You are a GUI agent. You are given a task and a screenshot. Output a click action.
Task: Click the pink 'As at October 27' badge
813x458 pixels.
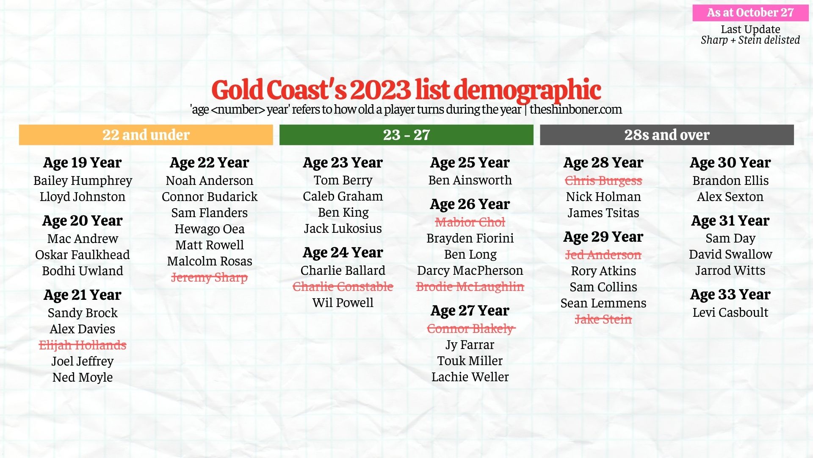click(x=750, y=13)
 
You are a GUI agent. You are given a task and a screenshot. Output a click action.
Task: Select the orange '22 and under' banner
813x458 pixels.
click(x=146, y=135)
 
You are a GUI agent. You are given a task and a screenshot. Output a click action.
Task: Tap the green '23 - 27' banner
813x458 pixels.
click(x=406, y=135)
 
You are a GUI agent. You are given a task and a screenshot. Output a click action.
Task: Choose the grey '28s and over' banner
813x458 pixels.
click(x=666, y=135)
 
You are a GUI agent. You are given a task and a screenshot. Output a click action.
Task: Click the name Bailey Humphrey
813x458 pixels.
click(x=83, y=181)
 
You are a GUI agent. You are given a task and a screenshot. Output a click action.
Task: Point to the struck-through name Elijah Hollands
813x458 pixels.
click(x=83, y=345)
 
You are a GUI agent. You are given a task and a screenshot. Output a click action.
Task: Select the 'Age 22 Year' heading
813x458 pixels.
click(x=209, y=162)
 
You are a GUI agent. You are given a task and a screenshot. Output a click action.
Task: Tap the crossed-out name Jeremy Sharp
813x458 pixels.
click(x=209, y=277)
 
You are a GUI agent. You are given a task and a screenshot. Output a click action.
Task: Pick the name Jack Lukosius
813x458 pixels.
click(x=343, y=229)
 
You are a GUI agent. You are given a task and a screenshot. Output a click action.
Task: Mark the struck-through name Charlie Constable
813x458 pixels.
click(x=343, y=287)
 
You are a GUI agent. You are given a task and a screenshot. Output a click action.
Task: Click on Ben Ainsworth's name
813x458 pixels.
click(x=470, y=180)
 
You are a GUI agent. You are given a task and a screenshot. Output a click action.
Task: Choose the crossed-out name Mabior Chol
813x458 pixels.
click(x=470, y=222)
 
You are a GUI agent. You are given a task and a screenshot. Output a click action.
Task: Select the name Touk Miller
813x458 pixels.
click(x=470, y=361)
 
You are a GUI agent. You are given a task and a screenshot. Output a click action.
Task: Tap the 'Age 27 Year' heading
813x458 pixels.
click(x=470, y=310)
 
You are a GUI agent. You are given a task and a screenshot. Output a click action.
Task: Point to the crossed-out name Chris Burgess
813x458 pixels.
click(x=603, y=181)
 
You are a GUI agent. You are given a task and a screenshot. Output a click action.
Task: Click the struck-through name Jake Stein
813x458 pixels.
click(x=603, y=319)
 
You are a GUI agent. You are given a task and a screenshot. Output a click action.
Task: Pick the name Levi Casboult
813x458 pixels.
click(x=730, y=313)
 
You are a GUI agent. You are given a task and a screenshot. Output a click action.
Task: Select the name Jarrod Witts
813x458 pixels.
click(x=730, y=271)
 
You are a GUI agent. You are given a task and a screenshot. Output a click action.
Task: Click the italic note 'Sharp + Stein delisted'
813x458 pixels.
click(x=750, y=40)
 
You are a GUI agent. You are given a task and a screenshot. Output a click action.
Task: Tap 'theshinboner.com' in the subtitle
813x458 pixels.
click(x=575, y=109)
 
